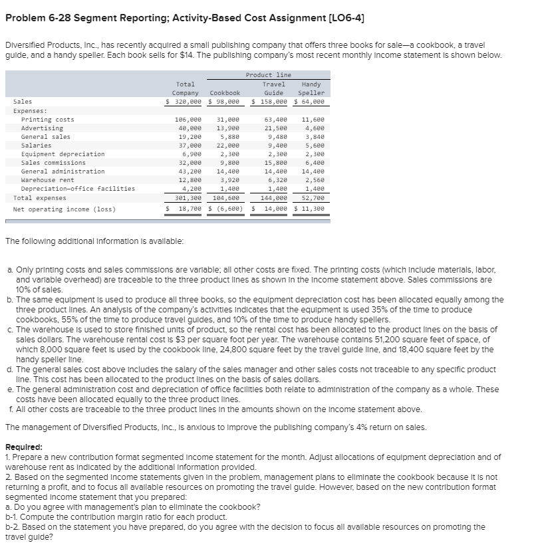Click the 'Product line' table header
tap(268, 75)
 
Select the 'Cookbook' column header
tap(225, 93)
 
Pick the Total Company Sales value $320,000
tap(184, 102)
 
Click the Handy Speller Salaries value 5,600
tap(314, 146)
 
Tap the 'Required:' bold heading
tap(24, 448)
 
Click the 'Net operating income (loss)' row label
tap(64, 209)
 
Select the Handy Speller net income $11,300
tap(309, 209)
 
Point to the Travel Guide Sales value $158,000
tap(269, 102)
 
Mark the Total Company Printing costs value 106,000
tap(188, 120)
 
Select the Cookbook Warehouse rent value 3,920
tap(228, 180)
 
